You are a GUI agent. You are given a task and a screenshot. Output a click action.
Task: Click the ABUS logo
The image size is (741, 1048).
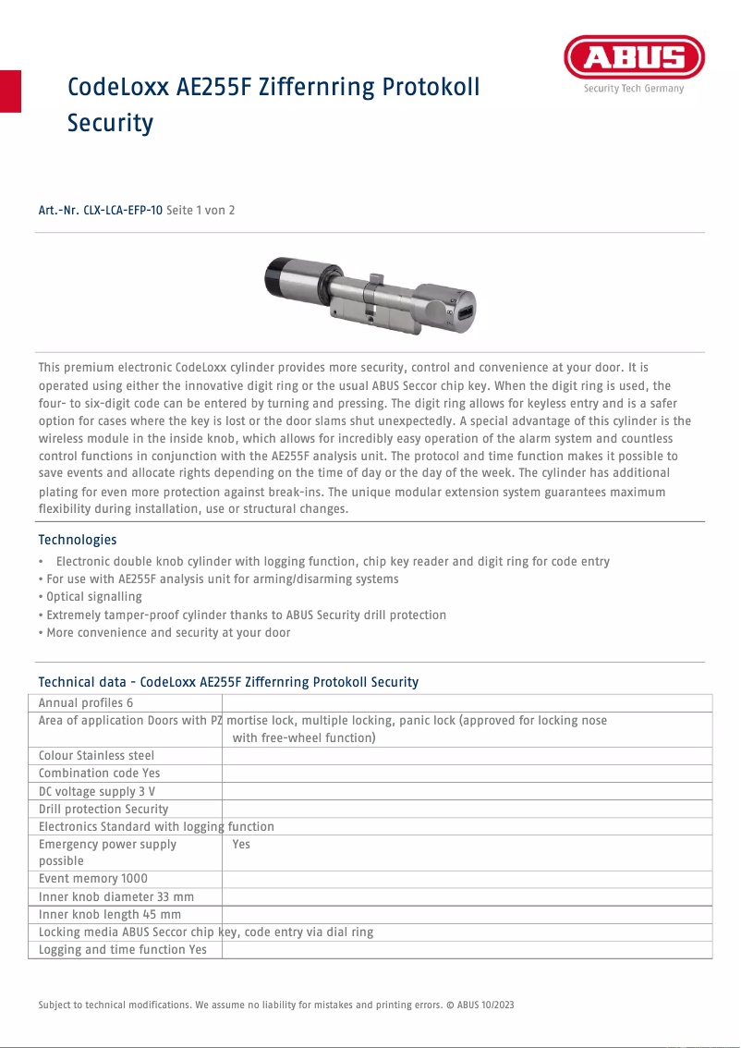coord(634,58)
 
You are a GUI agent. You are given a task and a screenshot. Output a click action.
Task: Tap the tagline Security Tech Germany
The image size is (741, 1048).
coord(634,89)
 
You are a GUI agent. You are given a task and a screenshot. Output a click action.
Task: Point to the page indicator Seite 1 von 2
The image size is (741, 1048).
coord(200,211)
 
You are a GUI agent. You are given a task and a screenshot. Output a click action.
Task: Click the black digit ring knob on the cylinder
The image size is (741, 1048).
coord(277,276)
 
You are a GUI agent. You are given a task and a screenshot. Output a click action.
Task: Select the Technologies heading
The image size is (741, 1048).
coord(78,540)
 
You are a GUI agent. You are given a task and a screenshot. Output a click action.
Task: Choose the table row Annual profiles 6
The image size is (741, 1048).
coord(86,703)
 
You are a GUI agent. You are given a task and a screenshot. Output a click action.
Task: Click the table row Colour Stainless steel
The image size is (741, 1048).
coord(96,755)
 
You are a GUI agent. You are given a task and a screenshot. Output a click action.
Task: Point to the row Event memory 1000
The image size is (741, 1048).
coord(92,879)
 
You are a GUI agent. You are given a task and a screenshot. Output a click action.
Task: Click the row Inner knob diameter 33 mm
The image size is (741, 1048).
coord(115,896)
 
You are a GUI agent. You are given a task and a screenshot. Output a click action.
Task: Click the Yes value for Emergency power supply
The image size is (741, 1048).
coord(241,844)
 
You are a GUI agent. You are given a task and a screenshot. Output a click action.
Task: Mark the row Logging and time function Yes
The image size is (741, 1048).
coord(122,949)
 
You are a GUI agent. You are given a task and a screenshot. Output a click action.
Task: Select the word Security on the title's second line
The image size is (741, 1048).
coord(110,123)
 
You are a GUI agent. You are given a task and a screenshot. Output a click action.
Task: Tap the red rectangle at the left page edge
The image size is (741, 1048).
coord(10,91)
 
